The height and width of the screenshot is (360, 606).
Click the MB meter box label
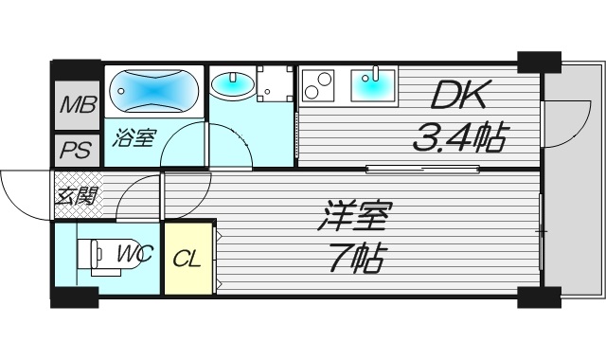[x=77, y=105]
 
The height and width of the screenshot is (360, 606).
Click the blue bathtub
[x=153, y=93]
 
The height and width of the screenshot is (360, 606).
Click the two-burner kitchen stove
[x=318, y=86]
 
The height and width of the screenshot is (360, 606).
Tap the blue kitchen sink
[x=374, y=86]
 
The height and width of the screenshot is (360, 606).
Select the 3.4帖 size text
[x=457, y=140]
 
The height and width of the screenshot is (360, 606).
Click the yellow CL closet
[x=188, y=257]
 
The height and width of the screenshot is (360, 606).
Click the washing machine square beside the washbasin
[x=274, y=83]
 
